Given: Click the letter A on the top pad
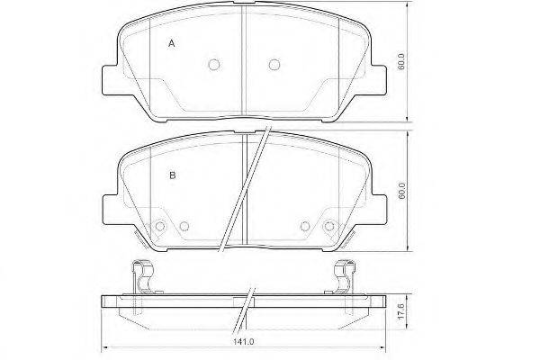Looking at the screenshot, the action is (x=172, y=44).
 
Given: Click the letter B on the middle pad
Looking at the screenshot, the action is (x=173, y=175).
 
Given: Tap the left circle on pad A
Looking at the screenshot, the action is (x=214, y=65).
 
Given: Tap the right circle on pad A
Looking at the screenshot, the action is (x=274, y=65).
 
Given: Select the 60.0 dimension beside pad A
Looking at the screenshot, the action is (x=400, y=62).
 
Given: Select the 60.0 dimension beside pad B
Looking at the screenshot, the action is (x=401, y=191).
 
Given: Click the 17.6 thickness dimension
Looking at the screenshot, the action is (x=401, y=312).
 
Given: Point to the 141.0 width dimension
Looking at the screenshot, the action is (x=244, y=342).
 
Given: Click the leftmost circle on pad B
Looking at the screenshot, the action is (x=159, y=226).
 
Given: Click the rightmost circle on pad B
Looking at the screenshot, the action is (x=329, y=226).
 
